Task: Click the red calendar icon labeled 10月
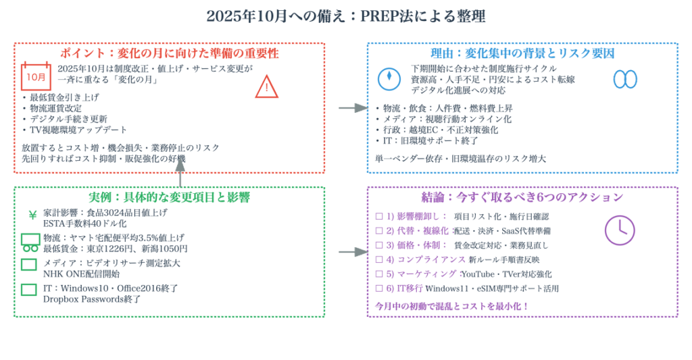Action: tap(36, 77)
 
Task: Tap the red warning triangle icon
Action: tap(267, 86)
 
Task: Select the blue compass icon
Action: tap(389, 78)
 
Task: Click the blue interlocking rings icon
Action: tap(624, 79)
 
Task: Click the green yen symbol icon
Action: tap(32, 215)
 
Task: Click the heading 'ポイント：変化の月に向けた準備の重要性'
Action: tap(169, 53)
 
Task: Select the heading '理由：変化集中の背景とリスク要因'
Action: tap(522, 53)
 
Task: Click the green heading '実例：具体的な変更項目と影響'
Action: tap(169, 197)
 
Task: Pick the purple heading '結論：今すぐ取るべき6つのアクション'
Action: tap(522, 197)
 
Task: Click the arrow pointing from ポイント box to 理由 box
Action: tap(351, 107)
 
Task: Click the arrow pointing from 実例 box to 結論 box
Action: tap(351, 252)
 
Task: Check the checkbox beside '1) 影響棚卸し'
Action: tap(378, 216)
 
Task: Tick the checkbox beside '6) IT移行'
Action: tap(378, 288)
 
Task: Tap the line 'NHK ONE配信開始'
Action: tap(81, 274)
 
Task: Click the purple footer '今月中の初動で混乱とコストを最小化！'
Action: tap(451, 305)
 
